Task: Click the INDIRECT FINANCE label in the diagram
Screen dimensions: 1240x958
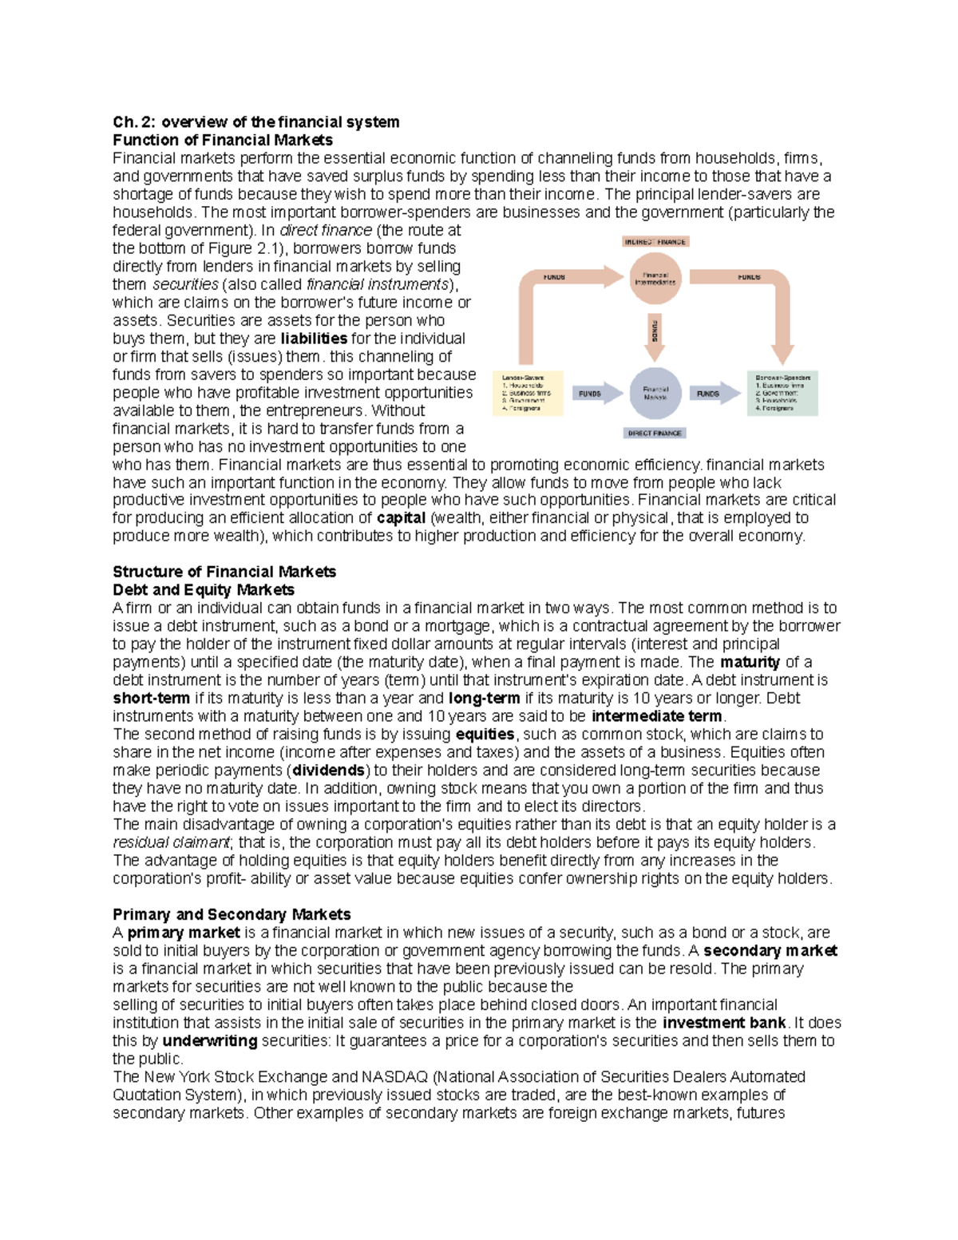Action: [655, 241]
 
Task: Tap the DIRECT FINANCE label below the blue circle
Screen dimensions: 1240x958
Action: [655, 433]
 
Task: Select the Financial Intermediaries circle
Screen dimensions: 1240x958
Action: [655, 279]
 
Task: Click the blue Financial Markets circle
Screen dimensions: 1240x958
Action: [655, 394]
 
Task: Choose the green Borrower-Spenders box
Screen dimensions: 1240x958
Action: [783, 393]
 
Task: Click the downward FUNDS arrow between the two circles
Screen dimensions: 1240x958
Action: [655, 332]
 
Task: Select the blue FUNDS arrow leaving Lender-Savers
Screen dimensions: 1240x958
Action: [595, 394]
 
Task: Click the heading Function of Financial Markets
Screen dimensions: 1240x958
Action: [223, 140]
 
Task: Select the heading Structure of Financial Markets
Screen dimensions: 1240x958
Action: [224, 572]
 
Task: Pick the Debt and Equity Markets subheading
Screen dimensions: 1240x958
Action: [204, 590]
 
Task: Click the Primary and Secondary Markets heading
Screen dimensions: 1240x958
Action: [232, 914]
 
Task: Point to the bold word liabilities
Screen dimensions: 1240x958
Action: [314, 339]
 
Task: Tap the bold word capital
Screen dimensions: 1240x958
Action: [401, 517]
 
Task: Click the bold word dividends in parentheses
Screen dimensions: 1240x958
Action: [328, 771]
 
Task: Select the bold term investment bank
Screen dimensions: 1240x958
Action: [724, 1023]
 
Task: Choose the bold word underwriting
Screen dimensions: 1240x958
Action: [210, 1040]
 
